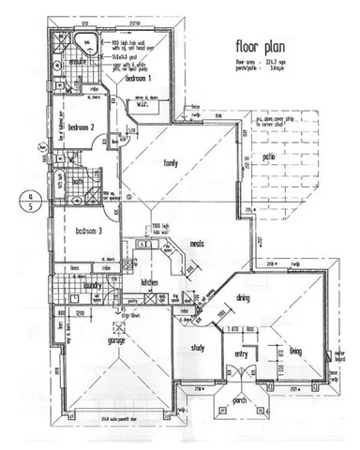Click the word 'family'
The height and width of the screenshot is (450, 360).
coord(172,163)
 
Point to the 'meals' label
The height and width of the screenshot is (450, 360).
coord(197,244)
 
